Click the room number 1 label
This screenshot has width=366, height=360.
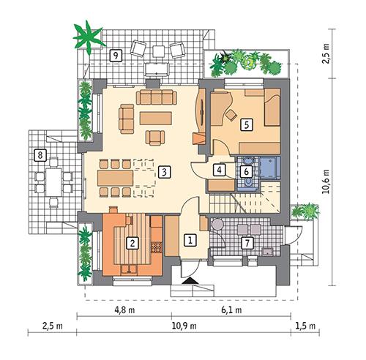pos(189,239)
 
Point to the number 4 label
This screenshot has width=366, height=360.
pos(219,170)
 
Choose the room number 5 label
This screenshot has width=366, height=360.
pos(247,124)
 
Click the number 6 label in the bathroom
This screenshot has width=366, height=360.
pos(247,170)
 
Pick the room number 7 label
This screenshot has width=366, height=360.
pos(247,242)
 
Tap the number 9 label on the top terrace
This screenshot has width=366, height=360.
pos(114,55)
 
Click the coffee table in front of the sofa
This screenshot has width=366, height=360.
pos(154,117)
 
